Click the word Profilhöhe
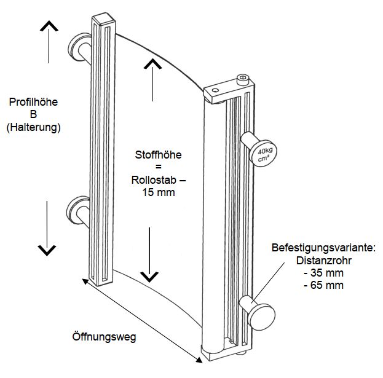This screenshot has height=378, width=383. click(x=34, y=102)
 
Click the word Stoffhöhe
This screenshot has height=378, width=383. click(x=158, y=155)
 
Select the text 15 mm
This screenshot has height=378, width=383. click(x=158, y=192)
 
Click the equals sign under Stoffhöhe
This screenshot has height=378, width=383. click(x=157, y=167)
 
